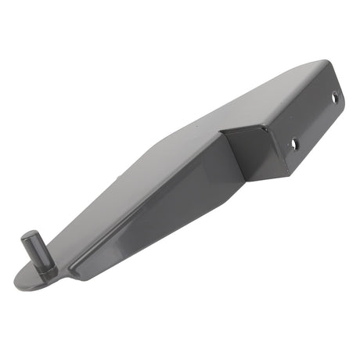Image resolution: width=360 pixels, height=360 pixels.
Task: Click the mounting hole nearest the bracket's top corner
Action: [x=335, y=99]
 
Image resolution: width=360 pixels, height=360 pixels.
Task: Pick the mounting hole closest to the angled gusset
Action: [x=294, y=144]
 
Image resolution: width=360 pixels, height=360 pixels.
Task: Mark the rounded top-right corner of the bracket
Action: [x=322, y=63]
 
